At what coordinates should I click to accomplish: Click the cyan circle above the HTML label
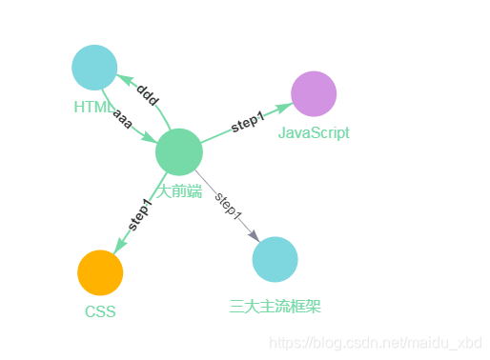coord(94,68)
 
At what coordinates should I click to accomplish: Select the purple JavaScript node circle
coord(314,94)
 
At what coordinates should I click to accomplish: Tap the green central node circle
coord(178,151)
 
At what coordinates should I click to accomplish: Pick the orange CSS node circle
coord(100,273)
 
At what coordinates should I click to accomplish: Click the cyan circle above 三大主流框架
coord(276,259)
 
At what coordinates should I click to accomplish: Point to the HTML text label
coord(92,108)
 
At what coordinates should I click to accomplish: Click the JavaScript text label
coord(314,133)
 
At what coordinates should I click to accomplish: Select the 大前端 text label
coord(179,191)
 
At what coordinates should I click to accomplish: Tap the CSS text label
coord(100,311)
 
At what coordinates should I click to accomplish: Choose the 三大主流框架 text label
coord(276,306)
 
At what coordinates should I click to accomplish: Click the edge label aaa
coord(123,120)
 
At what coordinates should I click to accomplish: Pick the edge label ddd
coord(147,94)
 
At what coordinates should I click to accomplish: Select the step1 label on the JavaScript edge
coord(247,123)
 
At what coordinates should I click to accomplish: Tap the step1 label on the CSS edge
coord(139,214)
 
